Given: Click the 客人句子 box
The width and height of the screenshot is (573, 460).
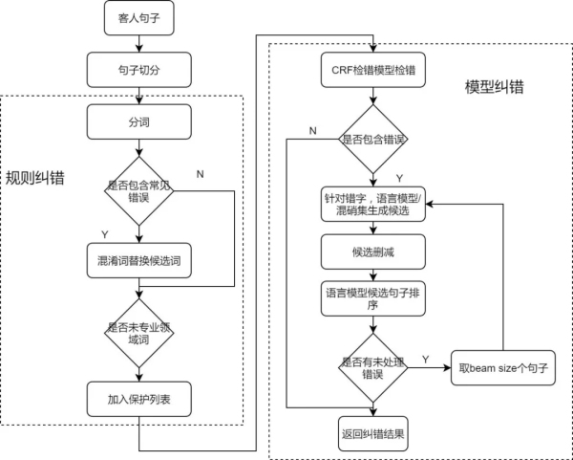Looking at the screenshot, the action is click(138, 18).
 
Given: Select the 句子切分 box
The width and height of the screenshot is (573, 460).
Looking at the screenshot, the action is click(138, 70).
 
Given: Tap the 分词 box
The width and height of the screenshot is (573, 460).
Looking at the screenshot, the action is click(138, 121).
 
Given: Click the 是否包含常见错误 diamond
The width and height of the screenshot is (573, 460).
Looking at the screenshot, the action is click(138, 190).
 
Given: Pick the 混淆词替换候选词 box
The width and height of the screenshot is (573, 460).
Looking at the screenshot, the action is click(138, 260).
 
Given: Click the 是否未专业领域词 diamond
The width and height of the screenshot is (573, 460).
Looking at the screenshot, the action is click(138, 333).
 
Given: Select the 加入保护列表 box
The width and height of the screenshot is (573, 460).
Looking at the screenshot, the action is click(138, 399).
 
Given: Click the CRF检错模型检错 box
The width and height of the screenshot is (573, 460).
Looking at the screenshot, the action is click(373, 70).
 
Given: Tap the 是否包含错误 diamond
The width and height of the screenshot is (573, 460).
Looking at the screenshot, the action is click(373, 139).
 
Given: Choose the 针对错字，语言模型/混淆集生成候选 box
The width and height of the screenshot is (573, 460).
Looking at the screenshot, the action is click(373, 205).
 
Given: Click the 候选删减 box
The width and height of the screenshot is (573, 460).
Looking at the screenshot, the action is click(373, 252).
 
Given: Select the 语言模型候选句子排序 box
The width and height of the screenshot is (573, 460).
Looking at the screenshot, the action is click(373, 298).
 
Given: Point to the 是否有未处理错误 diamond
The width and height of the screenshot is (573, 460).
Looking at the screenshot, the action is click(373, 368).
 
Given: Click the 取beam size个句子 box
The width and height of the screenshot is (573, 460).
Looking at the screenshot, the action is click(503, 368).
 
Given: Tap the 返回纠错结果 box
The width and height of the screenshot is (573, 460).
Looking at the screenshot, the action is click(373, 433).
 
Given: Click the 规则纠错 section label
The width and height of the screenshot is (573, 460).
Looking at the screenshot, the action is click(35, 178).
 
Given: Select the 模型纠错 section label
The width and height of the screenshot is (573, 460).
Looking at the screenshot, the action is click(495, 87).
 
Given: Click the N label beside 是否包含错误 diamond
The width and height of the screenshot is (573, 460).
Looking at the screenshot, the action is click(313, 131).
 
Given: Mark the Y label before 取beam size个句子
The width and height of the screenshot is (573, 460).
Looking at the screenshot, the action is click(425, 359).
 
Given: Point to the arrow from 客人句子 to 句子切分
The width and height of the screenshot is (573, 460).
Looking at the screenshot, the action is click(138, 44).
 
